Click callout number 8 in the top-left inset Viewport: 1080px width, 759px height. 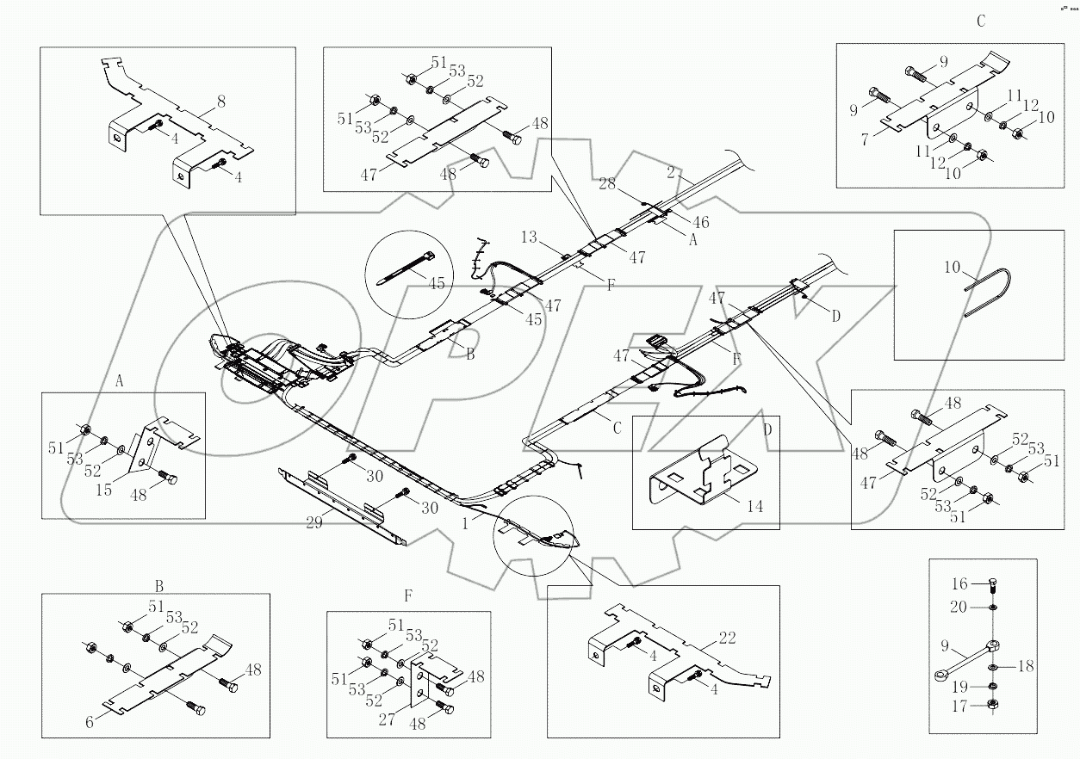(221, 102)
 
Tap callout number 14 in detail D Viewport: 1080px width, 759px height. (754, 507)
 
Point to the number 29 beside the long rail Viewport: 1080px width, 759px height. (315, 522)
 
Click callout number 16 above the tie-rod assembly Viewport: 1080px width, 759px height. (959, 583)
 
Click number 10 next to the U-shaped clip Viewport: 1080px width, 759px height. (951, 268)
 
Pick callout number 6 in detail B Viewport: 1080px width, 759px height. (90, 722)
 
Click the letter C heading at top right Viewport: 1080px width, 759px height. (980, 22)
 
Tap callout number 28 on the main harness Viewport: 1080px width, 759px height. (606, 182)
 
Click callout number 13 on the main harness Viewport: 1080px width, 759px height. (528, 237)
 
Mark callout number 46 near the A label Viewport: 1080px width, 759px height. (701, 222)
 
